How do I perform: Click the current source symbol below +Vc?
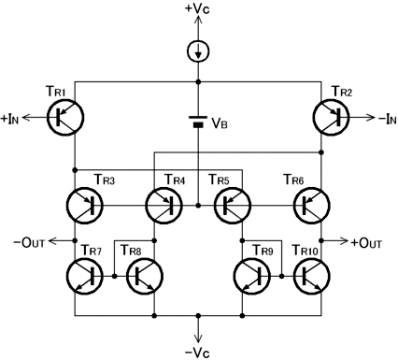pos(198,50)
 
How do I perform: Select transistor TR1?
pos(65,118)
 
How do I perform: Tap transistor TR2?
pos(331,118)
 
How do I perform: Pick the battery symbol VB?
pos(198,122)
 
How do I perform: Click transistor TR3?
pos(84,206)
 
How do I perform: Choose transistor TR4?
pos(163,206)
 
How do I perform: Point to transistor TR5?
pos(233,206)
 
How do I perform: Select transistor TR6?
pos(311,206)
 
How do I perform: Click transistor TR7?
pos(84,276)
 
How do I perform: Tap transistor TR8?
pos(145,276)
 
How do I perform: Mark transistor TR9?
pos(252,276)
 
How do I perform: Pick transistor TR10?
pos(311,276)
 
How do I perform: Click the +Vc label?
pos(197,8)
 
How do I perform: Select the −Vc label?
pos(197,353)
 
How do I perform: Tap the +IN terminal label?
pos(10,119)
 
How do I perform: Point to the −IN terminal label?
pos(388,119)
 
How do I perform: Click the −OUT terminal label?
pos(30,242)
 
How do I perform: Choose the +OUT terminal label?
pos(366,243)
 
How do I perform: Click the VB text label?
pos(220,123)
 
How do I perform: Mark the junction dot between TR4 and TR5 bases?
pos(198,206)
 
